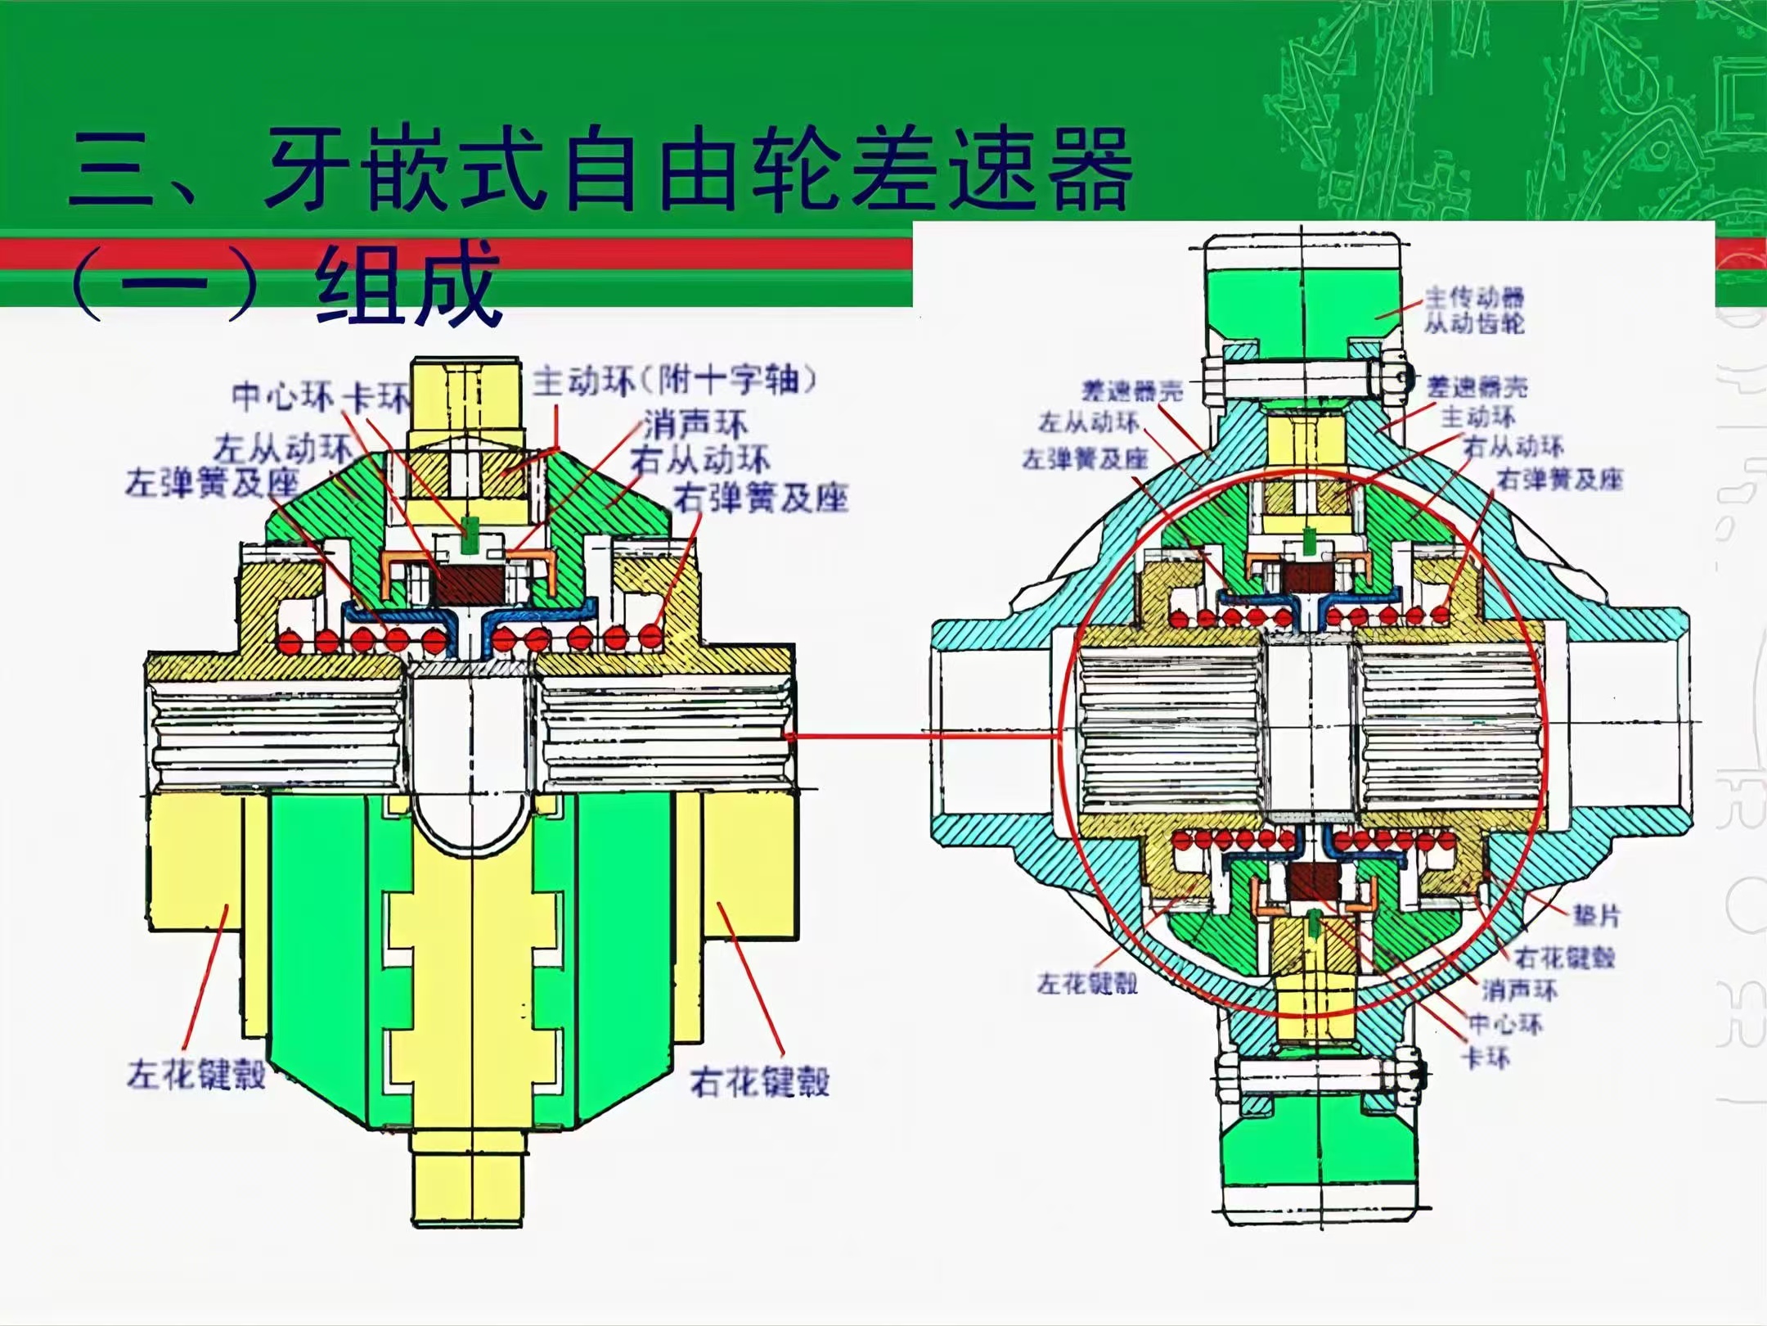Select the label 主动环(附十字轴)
click(x=675, y=381)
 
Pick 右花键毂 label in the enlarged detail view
click(x=759, y=1081)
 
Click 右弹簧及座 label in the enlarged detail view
click(x=760, y=497)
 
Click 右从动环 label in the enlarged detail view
click(x=699, y=460)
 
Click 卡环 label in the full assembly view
click(x=1486, y=1058)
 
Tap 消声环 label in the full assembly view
click(x=1519, y=990)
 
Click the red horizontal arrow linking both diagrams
click(x=924, y=736)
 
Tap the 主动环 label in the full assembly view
click(x=1477, y=417)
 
